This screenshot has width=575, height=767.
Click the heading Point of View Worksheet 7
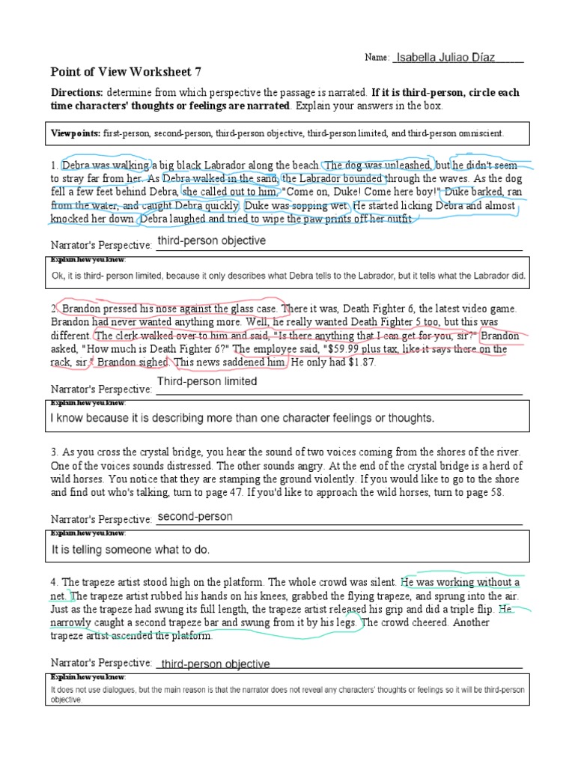(x=126, y=72)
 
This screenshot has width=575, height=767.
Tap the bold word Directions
(x=76, y=93)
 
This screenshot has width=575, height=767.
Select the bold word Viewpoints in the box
(x=75, y=133)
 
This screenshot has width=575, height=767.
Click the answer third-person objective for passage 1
(x=211, y=241)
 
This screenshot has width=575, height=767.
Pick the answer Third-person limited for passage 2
(x=207, y=381)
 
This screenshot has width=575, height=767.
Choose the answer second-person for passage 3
(x=195, y=517)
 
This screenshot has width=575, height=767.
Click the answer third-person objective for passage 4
(x=216, y=664)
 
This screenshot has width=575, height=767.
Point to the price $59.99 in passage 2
(x=363, y=349)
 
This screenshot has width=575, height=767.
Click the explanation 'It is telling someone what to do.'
(x=131, y=550)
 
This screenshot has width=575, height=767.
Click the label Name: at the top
(x=377, y=58)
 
